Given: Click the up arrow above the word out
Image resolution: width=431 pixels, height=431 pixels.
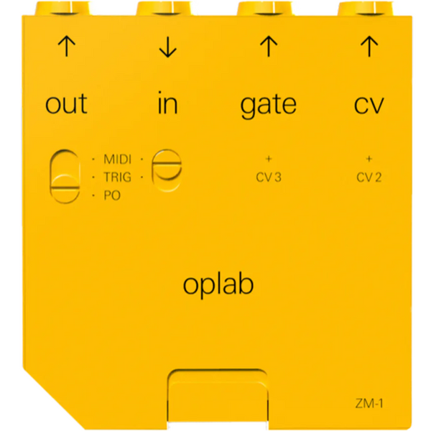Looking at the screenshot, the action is (67, 47).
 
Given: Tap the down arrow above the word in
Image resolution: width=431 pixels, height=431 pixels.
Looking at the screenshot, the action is (167, 47).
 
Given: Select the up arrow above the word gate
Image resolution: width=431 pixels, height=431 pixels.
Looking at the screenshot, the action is (269, 47).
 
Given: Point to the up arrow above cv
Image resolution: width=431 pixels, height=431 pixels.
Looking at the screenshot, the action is (369, 47).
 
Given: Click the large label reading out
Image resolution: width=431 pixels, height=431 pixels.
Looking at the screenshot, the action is (66, 103).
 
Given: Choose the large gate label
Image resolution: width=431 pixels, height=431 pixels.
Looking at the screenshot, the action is (269, 106).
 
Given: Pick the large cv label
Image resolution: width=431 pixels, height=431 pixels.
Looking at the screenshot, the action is (369, 105).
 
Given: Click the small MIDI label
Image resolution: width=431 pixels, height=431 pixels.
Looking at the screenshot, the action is (117, 159).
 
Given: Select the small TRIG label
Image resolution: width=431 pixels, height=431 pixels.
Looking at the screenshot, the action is (117, 177).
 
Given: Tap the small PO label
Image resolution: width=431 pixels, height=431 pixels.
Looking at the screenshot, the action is (112, 195).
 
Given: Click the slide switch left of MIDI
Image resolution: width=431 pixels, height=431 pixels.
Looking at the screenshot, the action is (65, 177).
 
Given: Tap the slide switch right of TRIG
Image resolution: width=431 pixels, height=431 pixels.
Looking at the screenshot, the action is (167, 170).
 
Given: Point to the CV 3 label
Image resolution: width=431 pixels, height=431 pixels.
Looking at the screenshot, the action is (269, 177).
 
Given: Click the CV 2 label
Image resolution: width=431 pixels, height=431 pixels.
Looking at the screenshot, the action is (369, 177).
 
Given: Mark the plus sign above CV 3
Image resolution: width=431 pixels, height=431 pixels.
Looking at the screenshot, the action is (269, 159).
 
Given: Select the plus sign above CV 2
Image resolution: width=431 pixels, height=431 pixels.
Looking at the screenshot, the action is (369, 159).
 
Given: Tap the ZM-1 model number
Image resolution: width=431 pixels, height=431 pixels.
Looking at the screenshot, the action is (369, 404).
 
